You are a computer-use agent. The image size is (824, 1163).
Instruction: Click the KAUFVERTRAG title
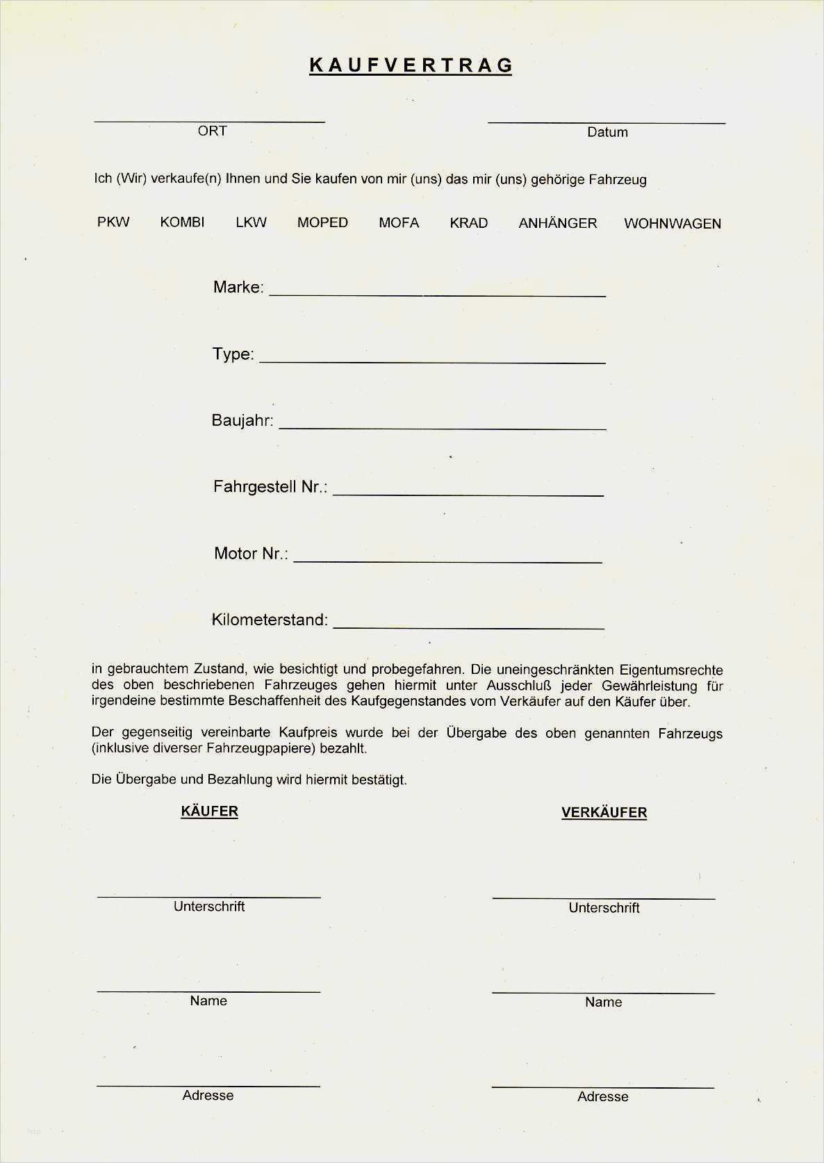click(411, 65)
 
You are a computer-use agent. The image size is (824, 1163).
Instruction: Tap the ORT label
click(212, 131)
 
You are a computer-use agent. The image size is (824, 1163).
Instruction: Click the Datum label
click(607, 132)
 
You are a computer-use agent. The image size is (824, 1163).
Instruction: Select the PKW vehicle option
click(113, 222)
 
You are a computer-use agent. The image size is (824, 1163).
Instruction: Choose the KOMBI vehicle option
click(182, 222)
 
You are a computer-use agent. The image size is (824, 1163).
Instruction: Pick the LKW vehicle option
click(251, 222)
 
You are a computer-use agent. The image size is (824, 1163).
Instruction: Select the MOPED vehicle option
click(322, 222)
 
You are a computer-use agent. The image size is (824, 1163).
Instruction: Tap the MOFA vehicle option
click(399, 223)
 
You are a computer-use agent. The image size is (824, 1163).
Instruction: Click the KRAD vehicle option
click(469, 223)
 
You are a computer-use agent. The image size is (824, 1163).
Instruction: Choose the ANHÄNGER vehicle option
click(558, 223)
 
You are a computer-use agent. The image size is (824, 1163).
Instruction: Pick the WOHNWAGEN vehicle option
click(673, 224)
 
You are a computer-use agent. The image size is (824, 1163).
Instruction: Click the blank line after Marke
click(438, 294)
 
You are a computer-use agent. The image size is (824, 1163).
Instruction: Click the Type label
click(233, 354)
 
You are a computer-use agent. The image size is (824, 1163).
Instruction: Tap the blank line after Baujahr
click(443, 427)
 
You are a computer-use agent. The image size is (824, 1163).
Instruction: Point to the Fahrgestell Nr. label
click(270, 487)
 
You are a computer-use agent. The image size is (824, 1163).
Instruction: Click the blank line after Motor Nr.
click(448, 559)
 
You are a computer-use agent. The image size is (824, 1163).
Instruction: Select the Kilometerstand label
click(270, 620)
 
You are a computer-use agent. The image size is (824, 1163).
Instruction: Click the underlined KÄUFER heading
click(209, 811)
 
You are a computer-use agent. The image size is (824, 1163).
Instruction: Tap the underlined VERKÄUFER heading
click(604, 812)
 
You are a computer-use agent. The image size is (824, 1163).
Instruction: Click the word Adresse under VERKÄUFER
click(602, 1096)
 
